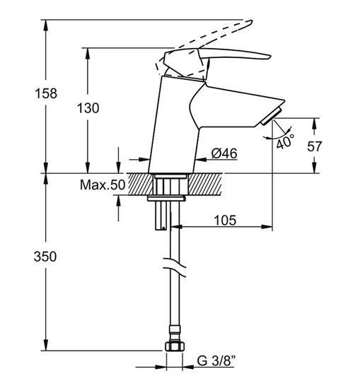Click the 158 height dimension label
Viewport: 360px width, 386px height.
(x=46, y=93)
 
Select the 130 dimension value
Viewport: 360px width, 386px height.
(x=88, y=108)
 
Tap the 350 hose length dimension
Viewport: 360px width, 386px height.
(x=45, y=256)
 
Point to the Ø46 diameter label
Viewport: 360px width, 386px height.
(x=224, y=153)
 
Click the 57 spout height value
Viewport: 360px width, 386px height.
(x=315, y=146)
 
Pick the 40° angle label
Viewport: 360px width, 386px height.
(x=285, y=141)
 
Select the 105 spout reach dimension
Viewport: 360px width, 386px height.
(x=225, y=220)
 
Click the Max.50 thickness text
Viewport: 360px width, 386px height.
(x=103, y=185)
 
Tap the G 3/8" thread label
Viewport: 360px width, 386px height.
(x=216, y=361)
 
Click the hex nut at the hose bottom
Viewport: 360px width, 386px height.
(x=175, y=346)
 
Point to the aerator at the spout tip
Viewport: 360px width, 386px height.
(x=272, y=116)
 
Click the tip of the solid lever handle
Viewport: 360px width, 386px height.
(x=271, y=57)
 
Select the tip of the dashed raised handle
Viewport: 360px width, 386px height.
(x=252, y=21)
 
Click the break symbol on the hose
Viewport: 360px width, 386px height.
(x=174, y=267)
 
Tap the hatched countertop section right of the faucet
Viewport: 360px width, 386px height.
(x=205, y=185)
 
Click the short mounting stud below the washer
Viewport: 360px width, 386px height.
(x=161, y=216)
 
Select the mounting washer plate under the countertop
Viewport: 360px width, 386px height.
(x=166, y=198)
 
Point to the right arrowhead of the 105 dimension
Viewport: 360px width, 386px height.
(x=267, y=227)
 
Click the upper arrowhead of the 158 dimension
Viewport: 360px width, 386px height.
(x=45, y=25)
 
